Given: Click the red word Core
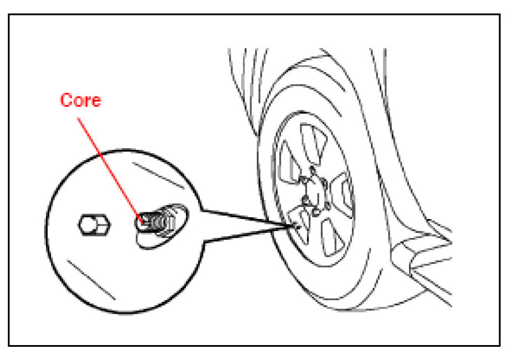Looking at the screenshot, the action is pyautogui.click(x=80, y=101).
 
